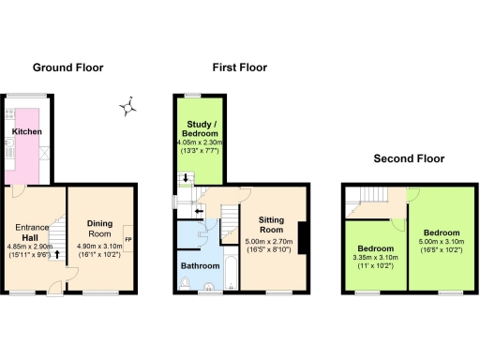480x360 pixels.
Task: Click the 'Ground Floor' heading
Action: coord(67,67)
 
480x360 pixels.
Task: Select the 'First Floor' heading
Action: coord(239,67)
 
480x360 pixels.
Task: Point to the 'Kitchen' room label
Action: coord(26,132)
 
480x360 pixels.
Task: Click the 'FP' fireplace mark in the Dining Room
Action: coord(128,240)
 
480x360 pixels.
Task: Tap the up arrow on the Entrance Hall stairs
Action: coord(56,253)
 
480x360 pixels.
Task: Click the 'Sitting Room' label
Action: coord(271,224)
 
